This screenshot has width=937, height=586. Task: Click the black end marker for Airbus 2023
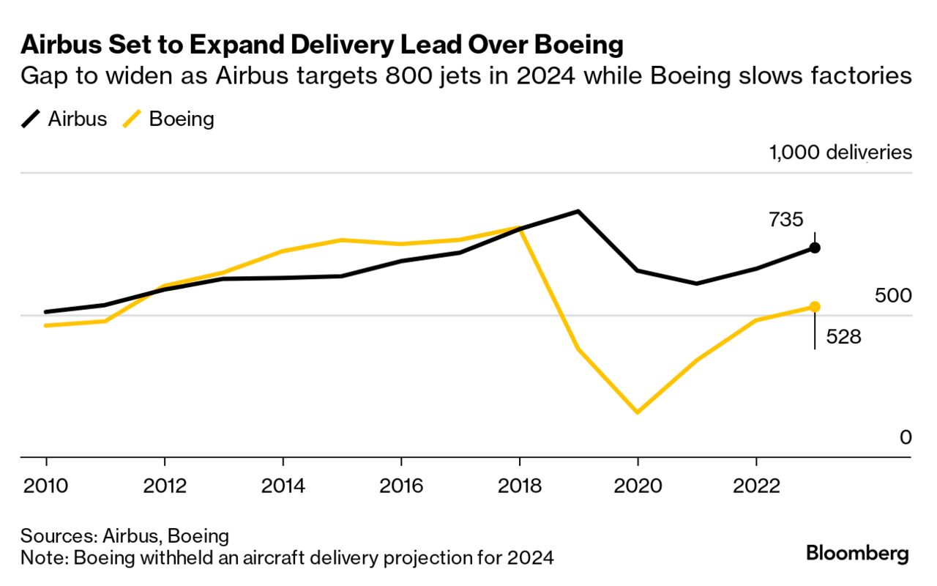[x=815, y=248]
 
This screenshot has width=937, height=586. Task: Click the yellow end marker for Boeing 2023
[x=815, y=307]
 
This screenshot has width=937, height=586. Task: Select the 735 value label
[x=786, y=219]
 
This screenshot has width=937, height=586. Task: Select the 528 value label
[x=843, y=337]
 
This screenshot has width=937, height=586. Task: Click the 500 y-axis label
[x=893, y=296]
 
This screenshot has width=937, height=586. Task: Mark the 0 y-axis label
[x=906, y=437]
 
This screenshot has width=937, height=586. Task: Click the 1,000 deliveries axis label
[x=840, y=152]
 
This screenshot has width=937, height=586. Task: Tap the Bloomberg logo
[x=857, y=553]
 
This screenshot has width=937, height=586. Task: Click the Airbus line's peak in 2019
[x=578, y=212]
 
